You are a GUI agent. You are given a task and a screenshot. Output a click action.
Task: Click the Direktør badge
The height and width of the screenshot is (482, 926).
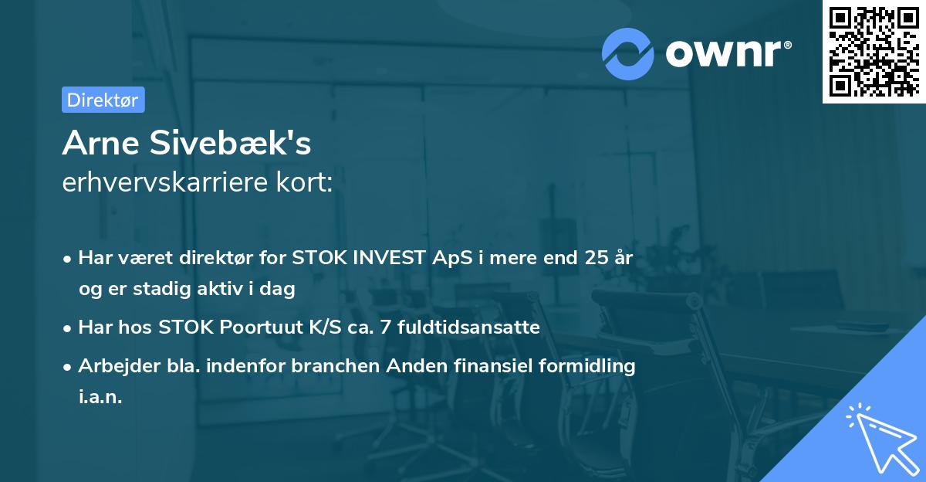click(103, 100)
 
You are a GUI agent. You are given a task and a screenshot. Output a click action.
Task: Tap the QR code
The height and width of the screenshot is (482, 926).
click(873, 51)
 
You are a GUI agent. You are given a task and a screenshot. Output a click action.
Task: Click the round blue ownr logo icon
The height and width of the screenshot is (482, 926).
click(628, 53)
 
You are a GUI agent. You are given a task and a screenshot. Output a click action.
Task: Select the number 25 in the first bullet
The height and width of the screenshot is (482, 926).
click(595, 258)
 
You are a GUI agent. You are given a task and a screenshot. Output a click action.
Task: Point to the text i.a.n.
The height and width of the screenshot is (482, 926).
click(100, 397)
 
